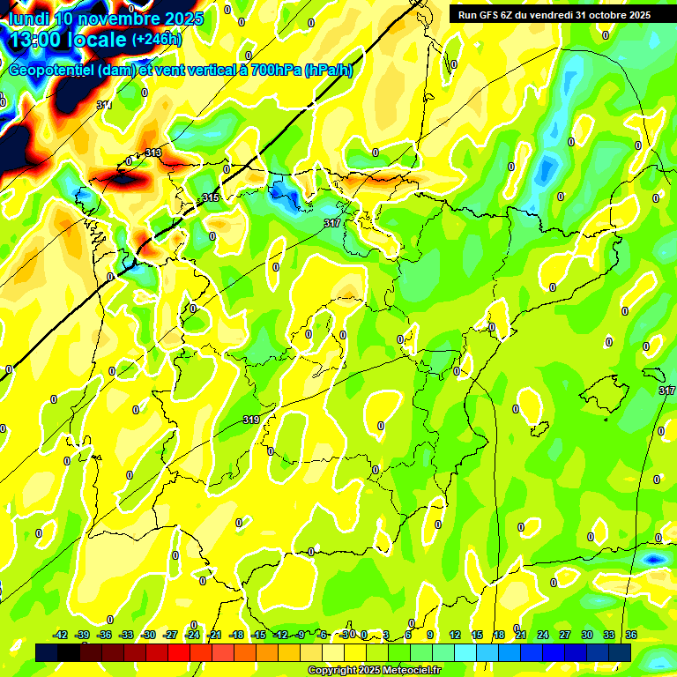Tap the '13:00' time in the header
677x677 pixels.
tap(41, 40)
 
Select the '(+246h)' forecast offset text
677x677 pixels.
tap(156, 39)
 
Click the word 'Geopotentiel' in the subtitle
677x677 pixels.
tap(51, 70)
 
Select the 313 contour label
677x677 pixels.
tap(153, 153)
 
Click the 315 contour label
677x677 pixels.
tap(210, 198)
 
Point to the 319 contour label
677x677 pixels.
tap(251, 420)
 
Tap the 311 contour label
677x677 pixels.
tap(104, 106)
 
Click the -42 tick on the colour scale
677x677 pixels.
tap(61, 635)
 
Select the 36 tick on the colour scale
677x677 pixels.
tap(631, 635)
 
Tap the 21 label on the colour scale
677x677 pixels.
tap(521, 635)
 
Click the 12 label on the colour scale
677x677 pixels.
tap(455, 635)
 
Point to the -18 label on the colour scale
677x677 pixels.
tap(236, 635)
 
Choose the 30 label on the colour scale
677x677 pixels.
tap(587, 635)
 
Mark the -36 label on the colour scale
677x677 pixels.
tap(105, 635)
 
